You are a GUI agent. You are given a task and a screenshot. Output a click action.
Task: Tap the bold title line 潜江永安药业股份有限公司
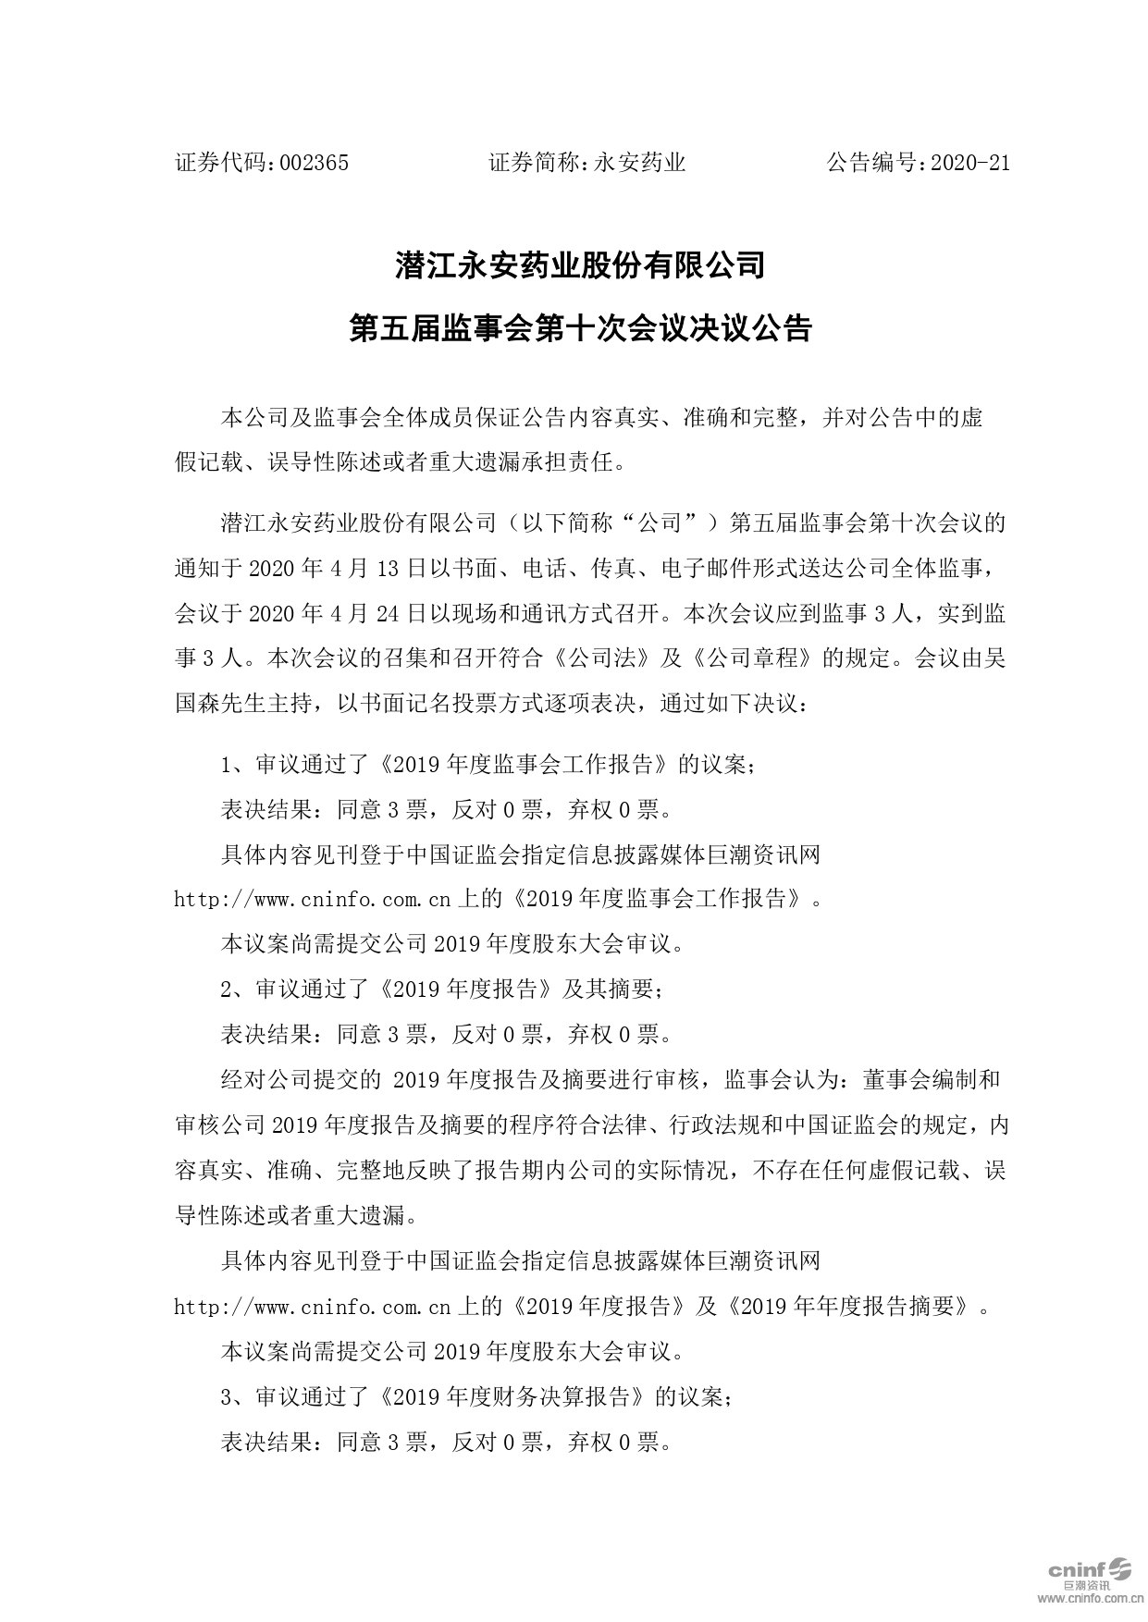tap(580, 266)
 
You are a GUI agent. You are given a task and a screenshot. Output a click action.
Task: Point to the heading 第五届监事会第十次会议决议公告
tap(580, 328)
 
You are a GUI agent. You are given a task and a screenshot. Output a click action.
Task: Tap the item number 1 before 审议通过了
tap(227, 766)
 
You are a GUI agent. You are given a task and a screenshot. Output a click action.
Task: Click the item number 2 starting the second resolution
tap(227, 989)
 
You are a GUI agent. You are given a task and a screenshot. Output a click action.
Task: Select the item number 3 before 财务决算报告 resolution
tap(227, 1397)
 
